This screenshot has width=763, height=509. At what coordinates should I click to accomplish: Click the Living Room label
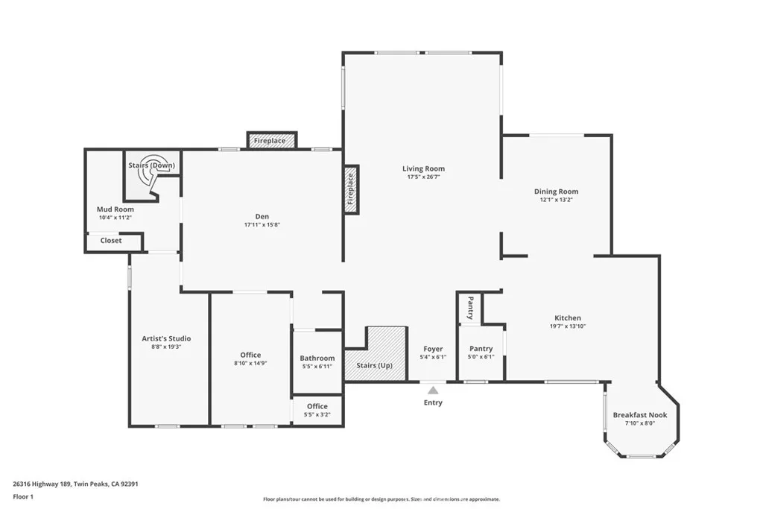423,169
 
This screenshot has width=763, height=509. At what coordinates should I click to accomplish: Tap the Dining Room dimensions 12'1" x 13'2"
556,200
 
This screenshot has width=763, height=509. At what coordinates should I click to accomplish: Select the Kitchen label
568,317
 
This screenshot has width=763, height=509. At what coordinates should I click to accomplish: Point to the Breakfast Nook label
640,415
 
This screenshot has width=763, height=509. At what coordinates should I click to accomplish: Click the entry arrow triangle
433,390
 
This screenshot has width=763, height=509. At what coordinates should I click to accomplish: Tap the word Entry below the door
433,402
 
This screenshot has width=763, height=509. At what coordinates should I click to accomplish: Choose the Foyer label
433,349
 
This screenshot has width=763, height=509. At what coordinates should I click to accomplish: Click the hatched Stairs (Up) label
374,365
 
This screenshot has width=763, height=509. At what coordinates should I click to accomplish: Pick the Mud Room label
115,209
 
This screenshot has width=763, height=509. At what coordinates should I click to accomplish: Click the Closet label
111,241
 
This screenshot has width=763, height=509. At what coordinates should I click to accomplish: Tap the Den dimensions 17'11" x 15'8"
262,225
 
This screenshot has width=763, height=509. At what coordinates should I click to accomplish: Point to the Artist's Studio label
166,338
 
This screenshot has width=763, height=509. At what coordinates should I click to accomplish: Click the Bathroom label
317,358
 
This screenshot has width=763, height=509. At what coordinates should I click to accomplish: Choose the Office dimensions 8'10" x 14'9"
250,363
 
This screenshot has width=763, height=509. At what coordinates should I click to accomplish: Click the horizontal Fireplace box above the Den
271,141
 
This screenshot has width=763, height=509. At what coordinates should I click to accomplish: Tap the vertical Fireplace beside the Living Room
351,189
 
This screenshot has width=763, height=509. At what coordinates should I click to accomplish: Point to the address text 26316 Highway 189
42,484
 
